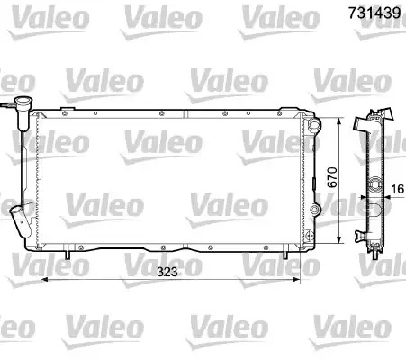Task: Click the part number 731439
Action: click(x=374, y=13)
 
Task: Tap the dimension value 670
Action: click(x=332, y=177)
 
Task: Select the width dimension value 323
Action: click(x=167, y=272)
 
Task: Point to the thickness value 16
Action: click(x=398, y=189)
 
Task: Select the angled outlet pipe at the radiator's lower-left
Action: click(x=21, y=221)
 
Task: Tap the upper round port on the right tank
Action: click(x=313, y=124)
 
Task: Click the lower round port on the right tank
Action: click(x=314, y=210)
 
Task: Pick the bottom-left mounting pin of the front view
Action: click(x=68, y=255)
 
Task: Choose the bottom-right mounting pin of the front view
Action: click(x=285, y=255)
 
